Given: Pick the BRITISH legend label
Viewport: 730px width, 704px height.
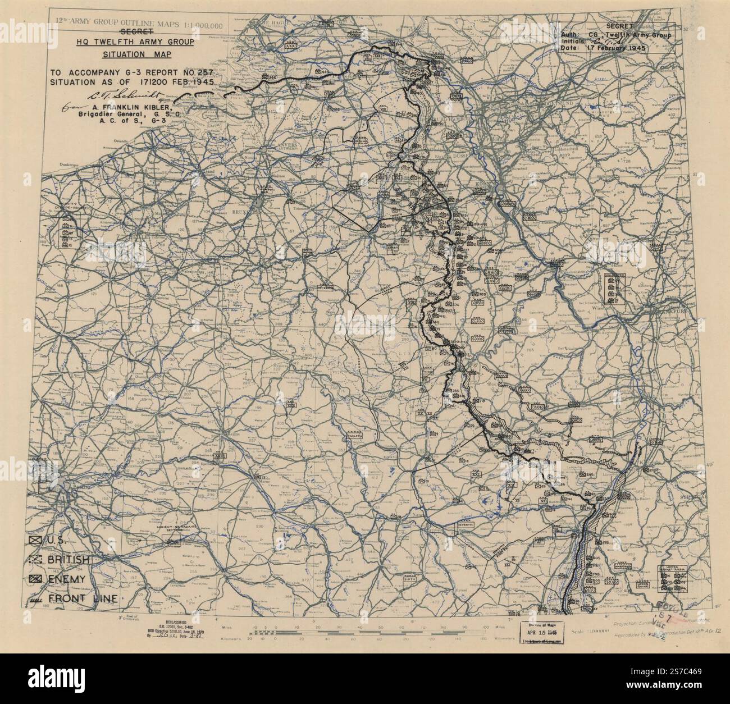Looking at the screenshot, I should [68, 560].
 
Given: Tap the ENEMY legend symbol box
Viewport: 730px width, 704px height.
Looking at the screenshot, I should [35, 579].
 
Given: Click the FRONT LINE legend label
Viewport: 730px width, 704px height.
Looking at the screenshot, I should [83, 598].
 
